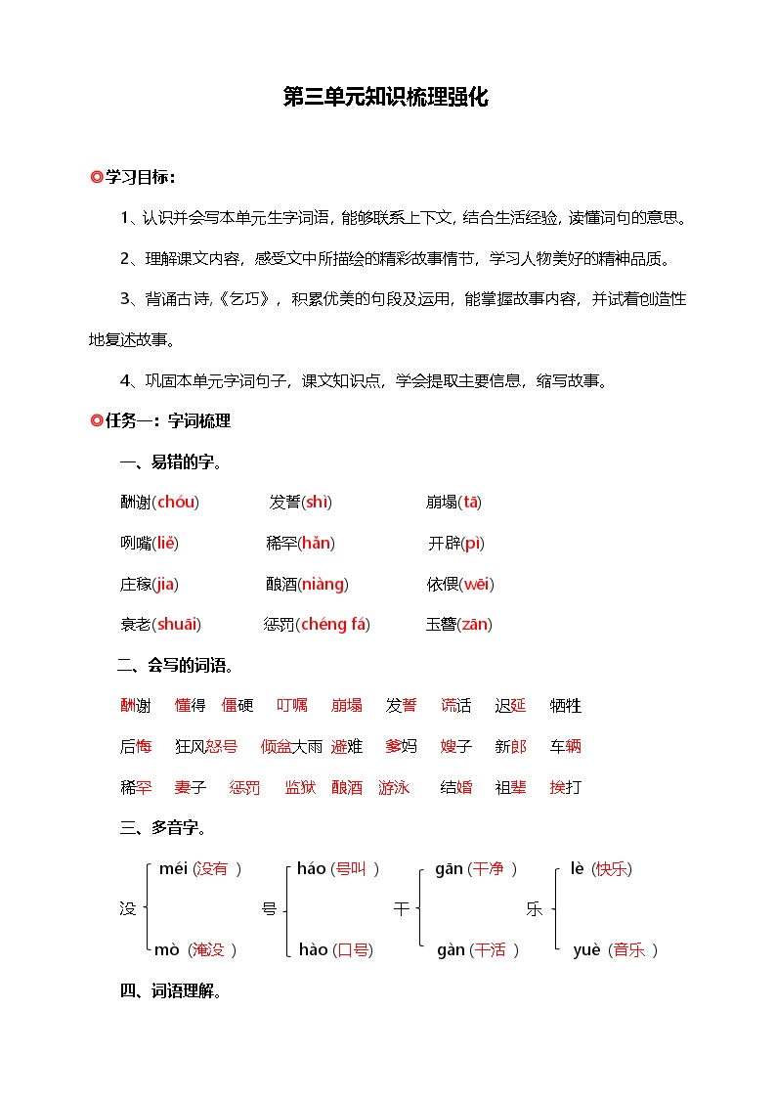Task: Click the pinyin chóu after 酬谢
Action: pos(176,503)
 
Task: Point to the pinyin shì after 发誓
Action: pos(318,503)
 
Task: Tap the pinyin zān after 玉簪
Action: pos(474,625)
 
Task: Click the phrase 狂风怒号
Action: pos(206,747)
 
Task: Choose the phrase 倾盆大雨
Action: pos(291,747)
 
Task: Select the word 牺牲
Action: pos(566,706)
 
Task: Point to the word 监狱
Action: pos(300,787)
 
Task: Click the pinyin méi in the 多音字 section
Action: pos(172,868)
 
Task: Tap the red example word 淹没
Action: pos(209,950)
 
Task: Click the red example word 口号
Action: pos(352,950)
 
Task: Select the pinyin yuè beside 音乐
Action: pos(586,950)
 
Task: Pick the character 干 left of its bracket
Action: pos(402,909)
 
